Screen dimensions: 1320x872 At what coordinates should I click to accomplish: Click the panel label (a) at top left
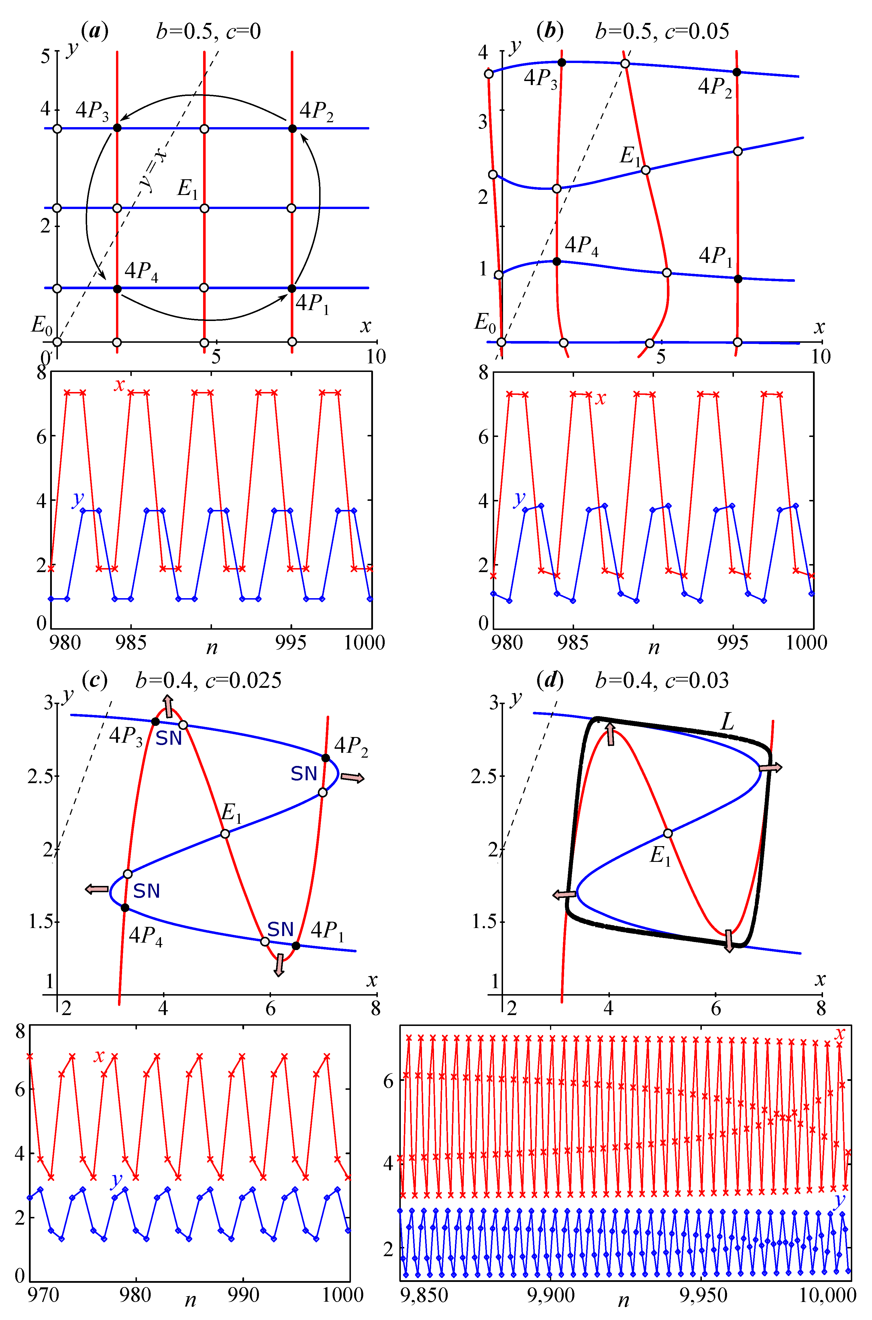(x=95, y=31)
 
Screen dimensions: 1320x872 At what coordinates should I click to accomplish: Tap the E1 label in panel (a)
(x=187, y=189)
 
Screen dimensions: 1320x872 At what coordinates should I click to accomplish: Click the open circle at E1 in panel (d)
(x=668, y=833)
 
